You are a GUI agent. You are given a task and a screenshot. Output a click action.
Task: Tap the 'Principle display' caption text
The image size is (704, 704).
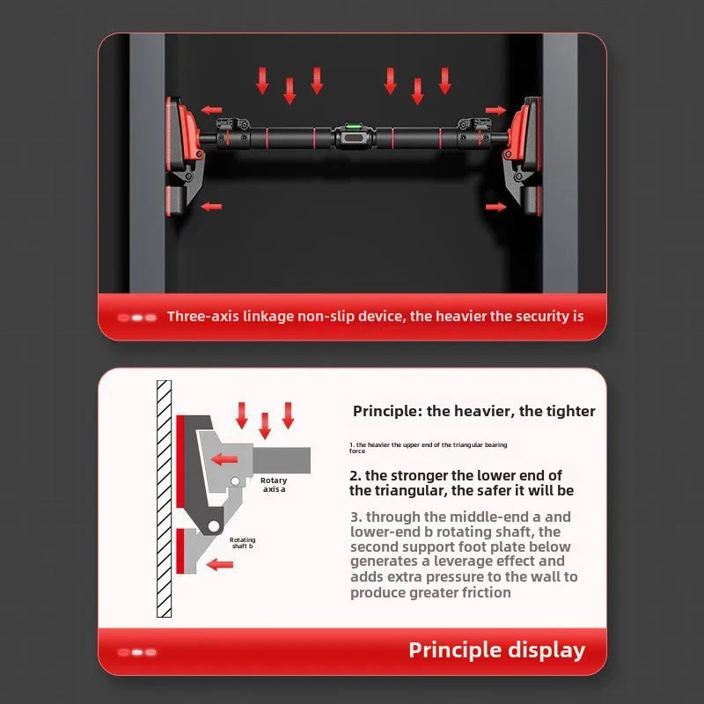496,650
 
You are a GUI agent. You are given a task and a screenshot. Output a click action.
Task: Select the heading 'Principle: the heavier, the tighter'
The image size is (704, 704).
473,411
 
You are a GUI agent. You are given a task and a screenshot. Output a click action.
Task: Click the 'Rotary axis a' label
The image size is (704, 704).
274,485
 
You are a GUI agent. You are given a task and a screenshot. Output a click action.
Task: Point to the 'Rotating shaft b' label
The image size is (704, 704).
242,543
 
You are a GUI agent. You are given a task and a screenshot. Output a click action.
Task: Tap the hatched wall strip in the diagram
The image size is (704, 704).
164,498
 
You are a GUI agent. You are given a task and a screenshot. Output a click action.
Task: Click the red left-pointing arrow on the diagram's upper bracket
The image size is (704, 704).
224,458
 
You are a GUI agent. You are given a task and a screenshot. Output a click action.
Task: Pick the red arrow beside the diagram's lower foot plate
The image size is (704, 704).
220,563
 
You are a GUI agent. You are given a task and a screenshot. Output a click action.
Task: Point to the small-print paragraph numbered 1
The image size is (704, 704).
428,448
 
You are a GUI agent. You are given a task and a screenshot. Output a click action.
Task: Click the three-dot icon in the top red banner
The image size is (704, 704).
137,317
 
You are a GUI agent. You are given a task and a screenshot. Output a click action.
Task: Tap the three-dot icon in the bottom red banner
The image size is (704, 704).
137,652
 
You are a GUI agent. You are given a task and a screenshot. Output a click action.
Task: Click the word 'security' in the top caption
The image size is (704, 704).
536,316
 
